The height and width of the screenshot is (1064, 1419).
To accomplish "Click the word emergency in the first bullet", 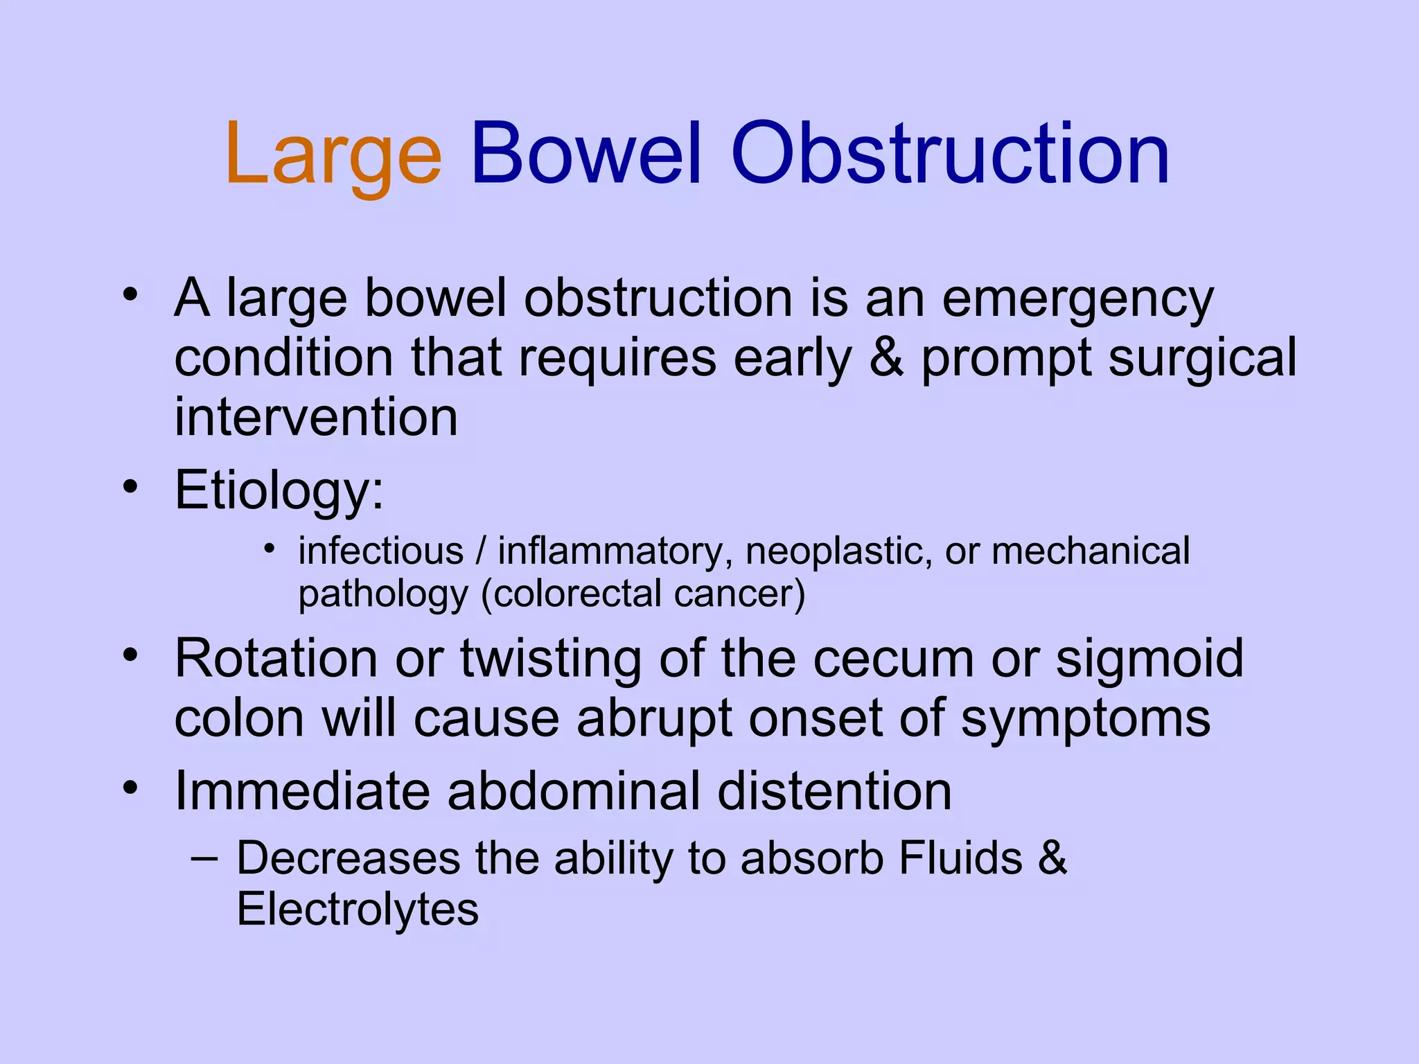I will tap(1077, 299).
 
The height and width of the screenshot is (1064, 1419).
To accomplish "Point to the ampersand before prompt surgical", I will tap(887, 358).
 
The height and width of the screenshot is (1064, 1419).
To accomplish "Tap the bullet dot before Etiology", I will tap(130, 487).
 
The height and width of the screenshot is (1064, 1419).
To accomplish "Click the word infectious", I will tap(380, 551).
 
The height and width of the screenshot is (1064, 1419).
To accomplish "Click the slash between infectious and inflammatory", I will tap(480, 551).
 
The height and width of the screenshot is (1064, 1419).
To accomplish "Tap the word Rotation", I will tap(276, 658).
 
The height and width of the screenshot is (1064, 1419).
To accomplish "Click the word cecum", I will tap(894, 659).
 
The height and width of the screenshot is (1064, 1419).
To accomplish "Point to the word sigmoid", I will tap(1149, 659).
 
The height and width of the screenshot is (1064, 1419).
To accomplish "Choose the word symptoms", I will tap(1086, 720).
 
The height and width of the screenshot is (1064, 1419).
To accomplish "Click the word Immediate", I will tap(301, 791).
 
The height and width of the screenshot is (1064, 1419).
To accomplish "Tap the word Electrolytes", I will tap(358, 910).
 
